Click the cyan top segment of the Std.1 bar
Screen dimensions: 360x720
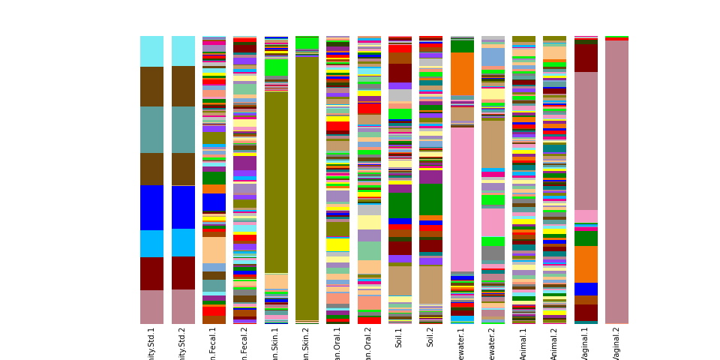click(x=151, y=51)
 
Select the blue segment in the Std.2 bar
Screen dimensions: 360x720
click(x=182, y=207)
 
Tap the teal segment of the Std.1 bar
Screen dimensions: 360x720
click(x=151, y=130)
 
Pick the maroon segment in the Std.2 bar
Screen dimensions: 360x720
click(x=182, y=273)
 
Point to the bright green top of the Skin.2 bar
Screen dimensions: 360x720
click(x=307, y=43)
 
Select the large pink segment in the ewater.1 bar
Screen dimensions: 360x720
click(x=462, y=199)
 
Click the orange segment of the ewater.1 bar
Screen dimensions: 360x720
click(x=462, y=73)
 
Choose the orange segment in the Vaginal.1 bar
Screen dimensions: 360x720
click(x=586, y=264)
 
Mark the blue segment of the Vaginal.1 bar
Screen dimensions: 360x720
click(x=586, y=289)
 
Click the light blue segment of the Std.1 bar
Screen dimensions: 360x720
click(x=151, y=244)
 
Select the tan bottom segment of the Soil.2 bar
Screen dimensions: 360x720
click(x=430, y=284)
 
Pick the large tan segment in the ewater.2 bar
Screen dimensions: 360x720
click(x=493, y=144)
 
